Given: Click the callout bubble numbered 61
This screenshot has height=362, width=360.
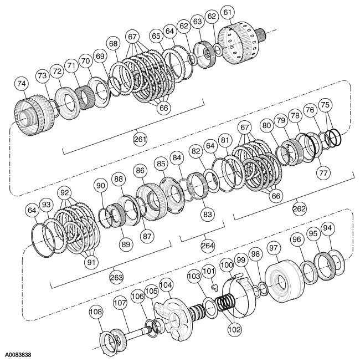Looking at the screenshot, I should coord(241,12).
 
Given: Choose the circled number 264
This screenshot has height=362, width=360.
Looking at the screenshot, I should coord(208,246).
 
